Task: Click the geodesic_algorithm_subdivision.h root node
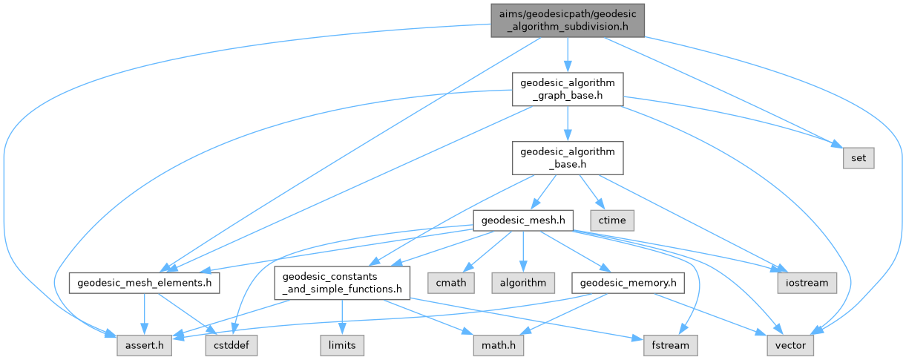(566, 19)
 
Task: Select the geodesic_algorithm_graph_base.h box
(567, 88)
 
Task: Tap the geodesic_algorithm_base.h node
(567, 159)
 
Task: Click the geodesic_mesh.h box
(524, 220)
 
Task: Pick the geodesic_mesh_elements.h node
(145, 283)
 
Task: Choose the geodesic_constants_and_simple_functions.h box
(342, 283)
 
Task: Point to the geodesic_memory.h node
(628, 283)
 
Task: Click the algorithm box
(523, 283)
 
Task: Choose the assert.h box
(145, 345)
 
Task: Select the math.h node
(495, 345)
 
